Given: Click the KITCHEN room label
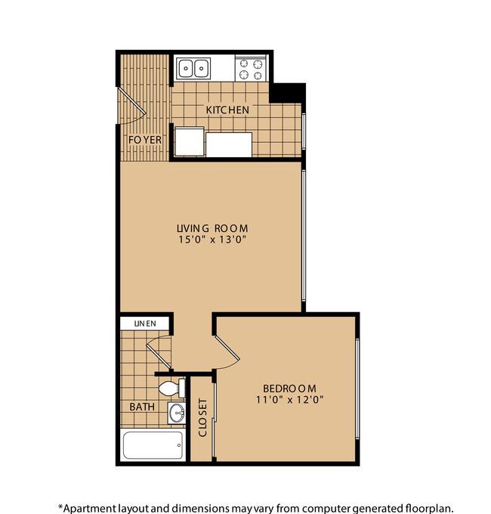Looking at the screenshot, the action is pos(227,110).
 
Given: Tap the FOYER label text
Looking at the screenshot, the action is pos(145,140).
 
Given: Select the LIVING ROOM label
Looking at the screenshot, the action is pos(212,228).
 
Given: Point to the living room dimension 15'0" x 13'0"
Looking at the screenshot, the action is pos(212,239).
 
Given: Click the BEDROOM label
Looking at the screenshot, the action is pos(289,389).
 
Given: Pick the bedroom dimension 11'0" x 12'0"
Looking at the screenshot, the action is pos(289,400).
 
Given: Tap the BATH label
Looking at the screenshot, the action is pos(142,407).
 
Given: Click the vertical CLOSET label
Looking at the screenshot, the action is pos(202,417).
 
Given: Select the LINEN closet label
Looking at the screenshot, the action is pos(145,324).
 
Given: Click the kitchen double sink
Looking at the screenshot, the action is pos(193,69).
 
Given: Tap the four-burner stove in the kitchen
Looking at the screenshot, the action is pos(251,69).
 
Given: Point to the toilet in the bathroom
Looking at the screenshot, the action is pos(172,388).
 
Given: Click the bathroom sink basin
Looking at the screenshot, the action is pos(177,413).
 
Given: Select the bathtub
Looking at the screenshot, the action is pos(153,445).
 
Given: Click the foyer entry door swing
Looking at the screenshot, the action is pos(131,105).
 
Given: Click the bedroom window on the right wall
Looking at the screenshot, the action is pos(357,389).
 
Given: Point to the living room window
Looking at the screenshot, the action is pos(304,235).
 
